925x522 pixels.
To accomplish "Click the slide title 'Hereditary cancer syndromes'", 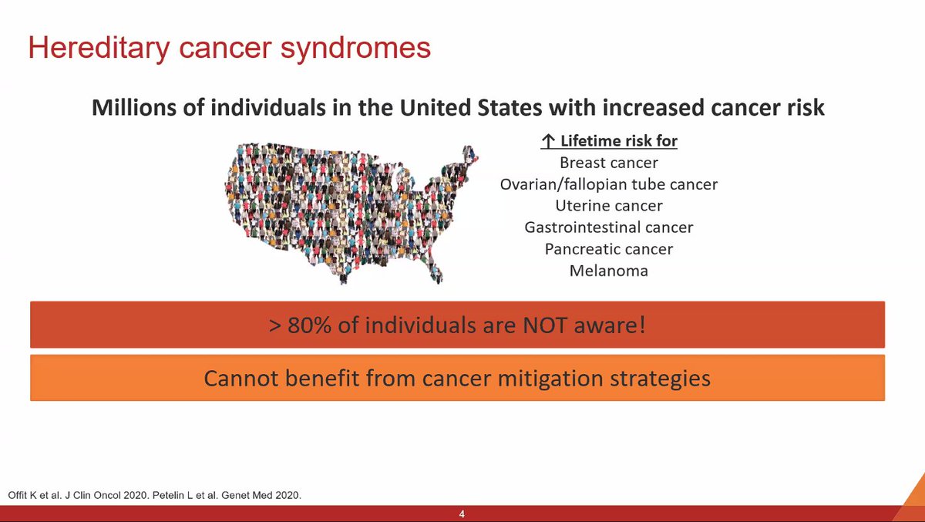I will coord(229,48).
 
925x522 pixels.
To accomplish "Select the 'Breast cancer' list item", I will coord(609,163).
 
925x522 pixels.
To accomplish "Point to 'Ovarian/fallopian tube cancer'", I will coord(609,184).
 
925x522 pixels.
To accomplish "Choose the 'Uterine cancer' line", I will coord(609,206).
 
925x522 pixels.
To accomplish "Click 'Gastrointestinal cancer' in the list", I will coord(609,227).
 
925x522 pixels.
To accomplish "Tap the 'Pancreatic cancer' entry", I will coord(609,249).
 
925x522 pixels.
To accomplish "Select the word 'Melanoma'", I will coord(609,271).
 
